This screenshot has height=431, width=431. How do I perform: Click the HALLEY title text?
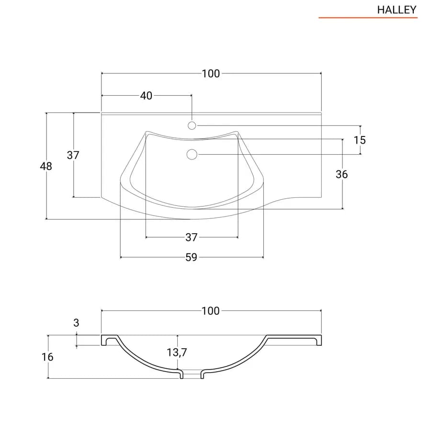point(397,10)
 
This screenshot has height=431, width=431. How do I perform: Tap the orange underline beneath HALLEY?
point(368,18)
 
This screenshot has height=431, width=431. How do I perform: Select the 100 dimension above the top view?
point(211,74)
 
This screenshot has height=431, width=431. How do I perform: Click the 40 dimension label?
point(146,96)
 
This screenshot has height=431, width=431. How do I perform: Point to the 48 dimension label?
point(46,166)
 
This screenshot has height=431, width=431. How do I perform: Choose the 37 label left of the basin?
point(73,155)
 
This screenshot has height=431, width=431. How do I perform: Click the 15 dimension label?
point(360,140)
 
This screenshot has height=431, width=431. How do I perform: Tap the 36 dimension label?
point(341,174)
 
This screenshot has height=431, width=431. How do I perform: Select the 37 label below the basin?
point(191,237)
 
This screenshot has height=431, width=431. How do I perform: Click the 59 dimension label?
point(191,257)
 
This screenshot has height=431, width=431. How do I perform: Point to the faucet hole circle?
point(192,125)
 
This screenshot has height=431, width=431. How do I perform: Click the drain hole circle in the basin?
point(192,155)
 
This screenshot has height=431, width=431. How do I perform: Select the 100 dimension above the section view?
point(211,311)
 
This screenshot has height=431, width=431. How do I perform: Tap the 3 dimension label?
point(76,323)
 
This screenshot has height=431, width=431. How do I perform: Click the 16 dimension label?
point(47,357)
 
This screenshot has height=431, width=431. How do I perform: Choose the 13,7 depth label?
point(177,352)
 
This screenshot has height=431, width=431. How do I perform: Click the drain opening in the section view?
point(192,374)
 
